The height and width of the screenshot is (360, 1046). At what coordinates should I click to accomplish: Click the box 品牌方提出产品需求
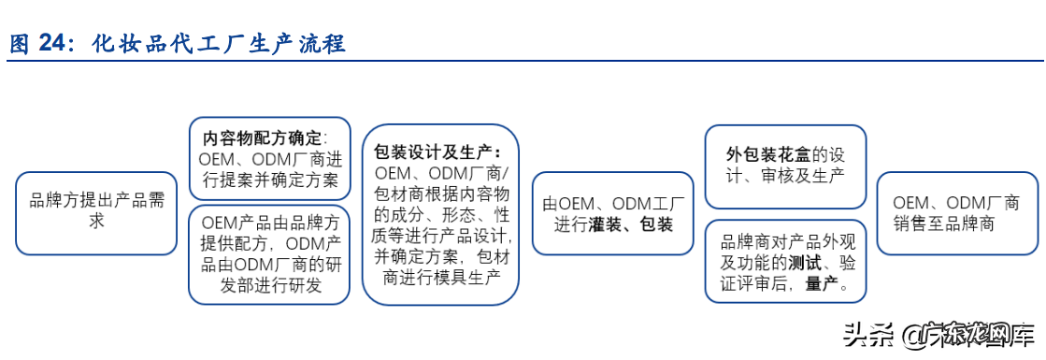(96, 212)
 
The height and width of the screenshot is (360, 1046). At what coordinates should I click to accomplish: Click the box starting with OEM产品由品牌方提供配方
(269, 252)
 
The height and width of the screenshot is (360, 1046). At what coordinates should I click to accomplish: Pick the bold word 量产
(822, 285)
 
